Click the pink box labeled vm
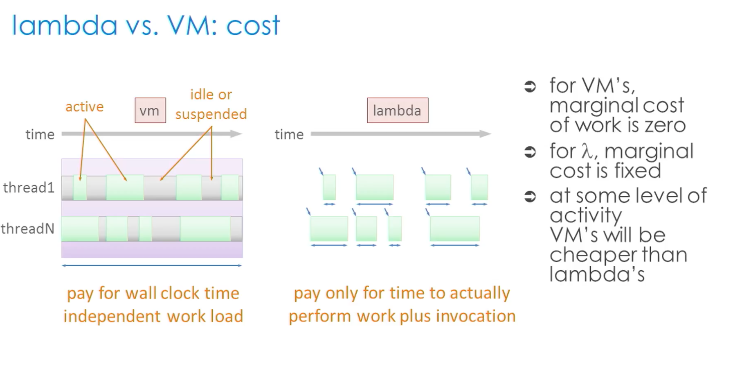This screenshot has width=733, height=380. click(150, 110)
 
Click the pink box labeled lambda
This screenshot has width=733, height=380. click(397, 110)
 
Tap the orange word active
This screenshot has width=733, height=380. click(85, 107)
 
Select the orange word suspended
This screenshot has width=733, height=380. click(211, 114)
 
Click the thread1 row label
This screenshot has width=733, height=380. click(29, 188)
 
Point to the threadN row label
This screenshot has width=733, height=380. click(27, 228)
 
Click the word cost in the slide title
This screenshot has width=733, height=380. click(253, 25)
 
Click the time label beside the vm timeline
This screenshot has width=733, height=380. click(40, 134)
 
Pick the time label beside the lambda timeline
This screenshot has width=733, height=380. click(289, 134)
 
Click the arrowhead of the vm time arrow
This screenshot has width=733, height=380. click(237, 133)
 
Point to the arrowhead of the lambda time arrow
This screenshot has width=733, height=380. click(486, 133)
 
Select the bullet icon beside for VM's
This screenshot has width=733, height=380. click(530, 86)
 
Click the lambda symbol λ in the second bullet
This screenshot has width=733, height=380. click(587, 151)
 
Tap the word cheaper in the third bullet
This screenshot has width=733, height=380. click(593, 255)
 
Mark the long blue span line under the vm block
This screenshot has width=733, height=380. click(152, 265)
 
